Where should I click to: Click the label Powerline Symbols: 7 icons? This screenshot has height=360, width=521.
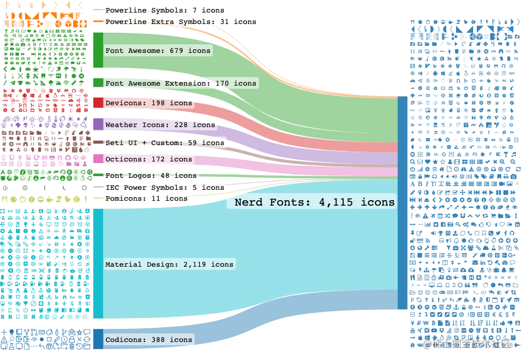pyautogui.click(x=164, y=10)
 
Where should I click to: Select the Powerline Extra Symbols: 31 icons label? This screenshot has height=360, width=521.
pyautogui.click(x=180, y=22)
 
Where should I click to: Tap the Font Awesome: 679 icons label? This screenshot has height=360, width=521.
pyautogui.click(x=158, y=51)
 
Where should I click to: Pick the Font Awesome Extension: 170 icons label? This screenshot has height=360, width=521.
pyautogui.click(x=180, y=83)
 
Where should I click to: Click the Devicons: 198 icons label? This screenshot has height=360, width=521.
pyautogui.click(x=148, y=103)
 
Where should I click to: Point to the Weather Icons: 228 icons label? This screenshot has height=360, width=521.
pyautogui.click(x=160, y=125)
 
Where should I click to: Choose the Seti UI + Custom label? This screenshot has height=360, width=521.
pyautogui.click(x=164, y=143)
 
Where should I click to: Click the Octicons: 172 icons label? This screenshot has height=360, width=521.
pyautogui.click(x=148, y=159)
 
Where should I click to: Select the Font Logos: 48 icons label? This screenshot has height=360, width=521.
pyautogui.click(x=151, y=176)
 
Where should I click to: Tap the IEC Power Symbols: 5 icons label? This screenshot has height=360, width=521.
pyautogui.click(x=164, y=188)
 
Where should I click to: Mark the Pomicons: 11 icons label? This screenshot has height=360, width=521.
pyautogui.click(x=146, y=199)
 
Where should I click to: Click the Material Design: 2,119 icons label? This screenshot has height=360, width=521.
pyautogui.click(x=169, y=265)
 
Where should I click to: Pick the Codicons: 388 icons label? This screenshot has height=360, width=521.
pyautogui.click(x=148, y=340)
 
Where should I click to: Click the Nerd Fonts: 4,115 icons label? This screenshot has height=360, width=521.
pyautogui.click(x=314, y=202)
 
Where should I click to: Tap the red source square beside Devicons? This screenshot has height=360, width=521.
pyautogui.click(x=98, y=103)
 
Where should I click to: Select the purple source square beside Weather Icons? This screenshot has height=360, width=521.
pyautogui.click(x=98, y=124)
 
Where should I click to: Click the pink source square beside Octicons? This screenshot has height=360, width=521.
pyautogui.click(x=98, y=159)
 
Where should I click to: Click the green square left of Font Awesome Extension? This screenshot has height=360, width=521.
pyautogui.click(x=98, y=82)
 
